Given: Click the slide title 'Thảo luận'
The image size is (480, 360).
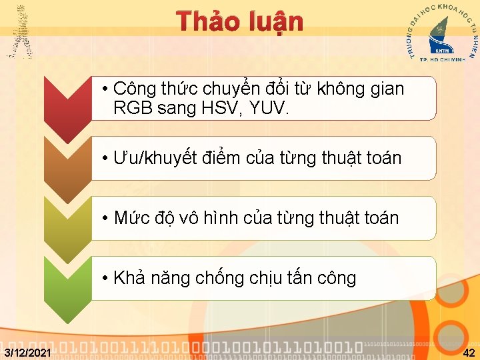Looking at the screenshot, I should [241, 21].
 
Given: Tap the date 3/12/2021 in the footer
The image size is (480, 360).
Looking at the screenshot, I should [26, 351].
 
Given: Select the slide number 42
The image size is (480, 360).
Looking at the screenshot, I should [469, 351].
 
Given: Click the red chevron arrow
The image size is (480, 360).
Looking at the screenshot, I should [67, 107].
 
